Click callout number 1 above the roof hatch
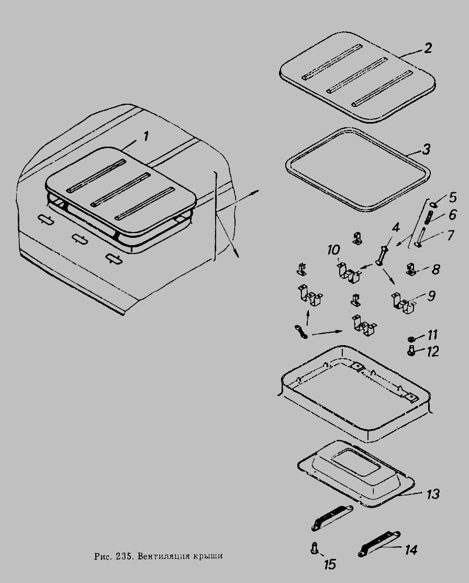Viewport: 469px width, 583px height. [146, 137]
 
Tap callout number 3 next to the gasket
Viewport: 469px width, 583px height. [426, 149]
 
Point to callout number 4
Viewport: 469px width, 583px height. [395, 227]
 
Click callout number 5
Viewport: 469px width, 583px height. [452, 197]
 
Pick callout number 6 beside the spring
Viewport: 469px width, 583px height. [452, 215]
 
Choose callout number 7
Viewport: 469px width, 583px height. [451, 235]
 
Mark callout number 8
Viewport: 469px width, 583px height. [435, 269]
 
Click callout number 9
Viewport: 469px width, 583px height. [431, 296]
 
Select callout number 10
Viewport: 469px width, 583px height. [334, 250]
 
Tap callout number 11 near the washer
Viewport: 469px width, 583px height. [432, 335]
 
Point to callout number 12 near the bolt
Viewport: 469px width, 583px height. [432, 351]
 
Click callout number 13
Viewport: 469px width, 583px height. [433, 494]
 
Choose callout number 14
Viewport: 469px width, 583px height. [411, 550]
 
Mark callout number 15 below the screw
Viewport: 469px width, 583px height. [330, 565]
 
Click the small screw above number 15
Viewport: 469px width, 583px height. [314, 548]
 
